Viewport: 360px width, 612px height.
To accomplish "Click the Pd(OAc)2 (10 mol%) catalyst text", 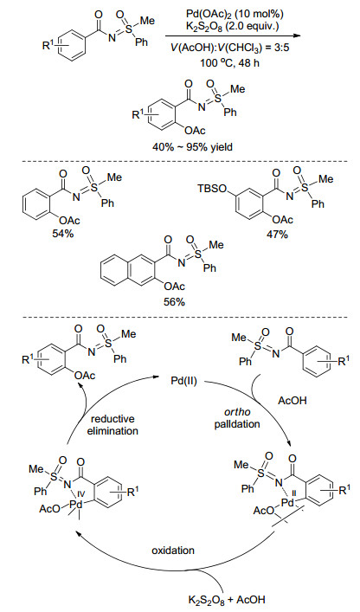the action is tap(234, 14).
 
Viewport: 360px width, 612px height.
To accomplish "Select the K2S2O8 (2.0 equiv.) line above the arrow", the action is tap(234, 27).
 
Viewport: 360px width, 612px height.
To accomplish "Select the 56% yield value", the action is tap(175, 302).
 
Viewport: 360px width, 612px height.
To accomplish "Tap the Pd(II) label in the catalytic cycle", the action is tap(183, 381).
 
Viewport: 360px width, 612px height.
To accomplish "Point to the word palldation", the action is tap(237, 424).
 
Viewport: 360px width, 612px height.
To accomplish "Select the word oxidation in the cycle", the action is tap(173, 551).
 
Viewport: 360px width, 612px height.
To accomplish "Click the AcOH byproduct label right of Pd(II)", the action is tap(292, 401).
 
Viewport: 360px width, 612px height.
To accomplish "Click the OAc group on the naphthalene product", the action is tap(174, 287).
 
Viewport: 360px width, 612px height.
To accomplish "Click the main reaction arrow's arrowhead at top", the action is tap(298, 35).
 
